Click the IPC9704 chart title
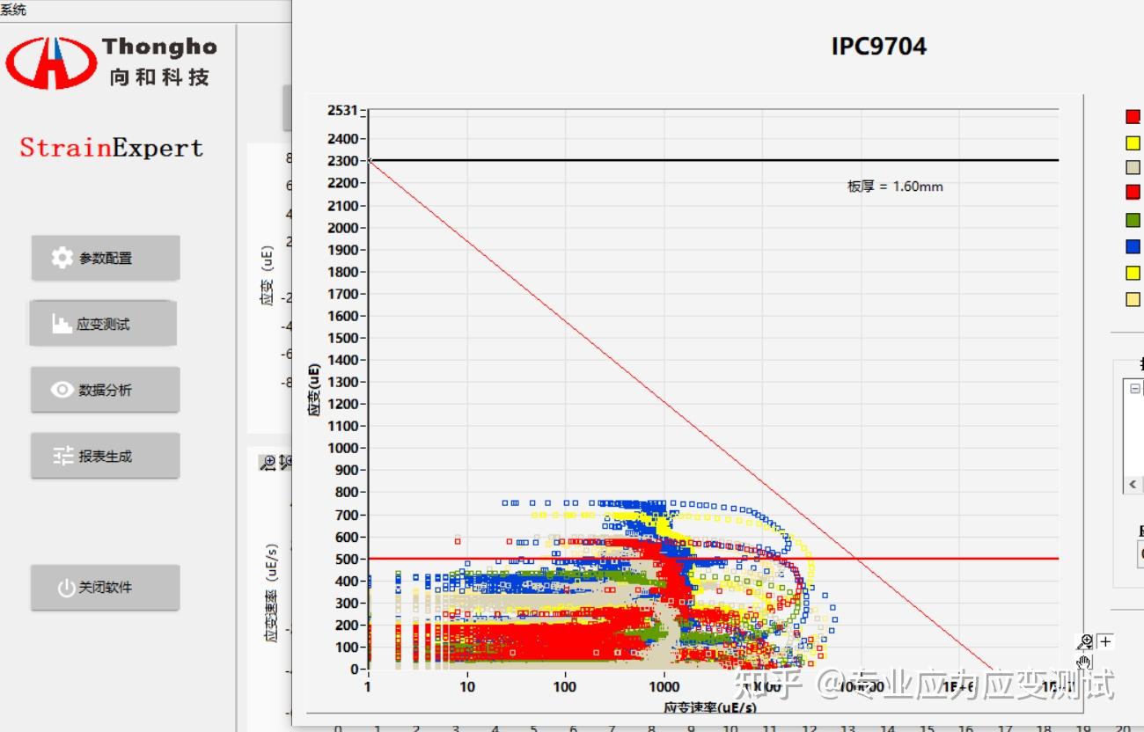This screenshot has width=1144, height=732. point(878,46)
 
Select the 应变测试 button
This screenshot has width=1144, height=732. point(103,324)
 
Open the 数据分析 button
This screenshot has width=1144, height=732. point(105,390)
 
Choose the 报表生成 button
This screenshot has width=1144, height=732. point(105,456)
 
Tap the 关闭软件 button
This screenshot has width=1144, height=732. point(105,587)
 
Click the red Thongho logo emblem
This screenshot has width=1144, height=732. point(51,62)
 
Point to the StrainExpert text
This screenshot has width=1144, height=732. point(112,148)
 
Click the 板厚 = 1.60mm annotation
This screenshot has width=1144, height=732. point(895,187)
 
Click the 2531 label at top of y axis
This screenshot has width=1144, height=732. point(342,110)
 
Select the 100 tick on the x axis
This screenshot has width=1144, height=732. point(565,687)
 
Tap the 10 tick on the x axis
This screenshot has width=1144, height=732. point(466,687)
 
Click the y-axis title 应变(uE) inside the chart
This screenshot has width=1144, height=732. point(313,389)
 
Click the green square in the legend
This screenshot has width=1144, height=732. point(1133,220)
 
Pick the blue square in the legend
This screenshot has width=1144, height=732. point(1133,246)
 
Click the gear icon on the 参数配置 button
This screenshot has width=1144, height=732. point(62,258)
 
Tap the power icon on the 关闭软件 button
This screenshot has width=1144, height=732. point(66,588)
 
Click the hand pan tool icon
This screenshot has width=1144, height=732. point(1083,662)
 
